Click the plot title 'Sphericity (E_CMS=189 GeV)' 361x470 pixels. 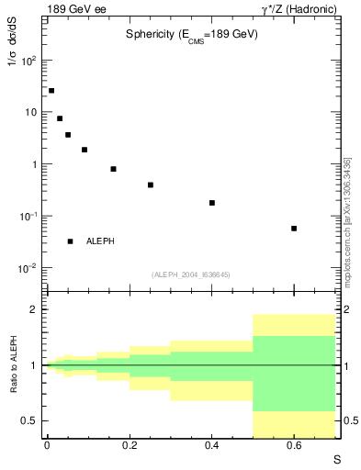[x=191, y=34]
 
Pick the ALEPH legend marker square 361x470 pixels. [x=70, y=241]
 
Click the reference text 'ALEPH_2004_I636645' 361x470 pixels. [x=191, y=274]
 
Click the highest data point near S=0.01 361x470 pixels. [x=51, y=91]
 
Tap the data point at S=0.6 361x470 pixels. [x=294, y=229]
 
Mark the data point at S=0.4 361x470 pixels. [x=212, y=203]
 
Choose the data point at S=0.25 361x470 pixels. [x=151, y=185]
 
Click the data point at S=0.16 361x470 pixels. [x=113, y=169]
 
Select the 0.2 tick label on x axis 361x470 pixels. [x=129, y=445]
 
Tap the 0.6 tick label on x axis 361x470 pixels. [x=294, y=445]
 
